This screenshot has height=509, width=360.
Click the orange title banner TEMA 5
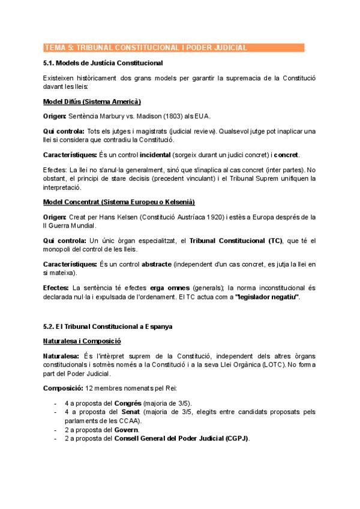coord(174,48)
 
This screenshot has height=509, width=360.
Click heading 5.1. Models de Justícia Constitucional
coord(103,63)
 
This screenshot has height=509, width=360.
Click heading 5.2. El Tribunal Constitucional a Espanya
coord(107,327)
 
